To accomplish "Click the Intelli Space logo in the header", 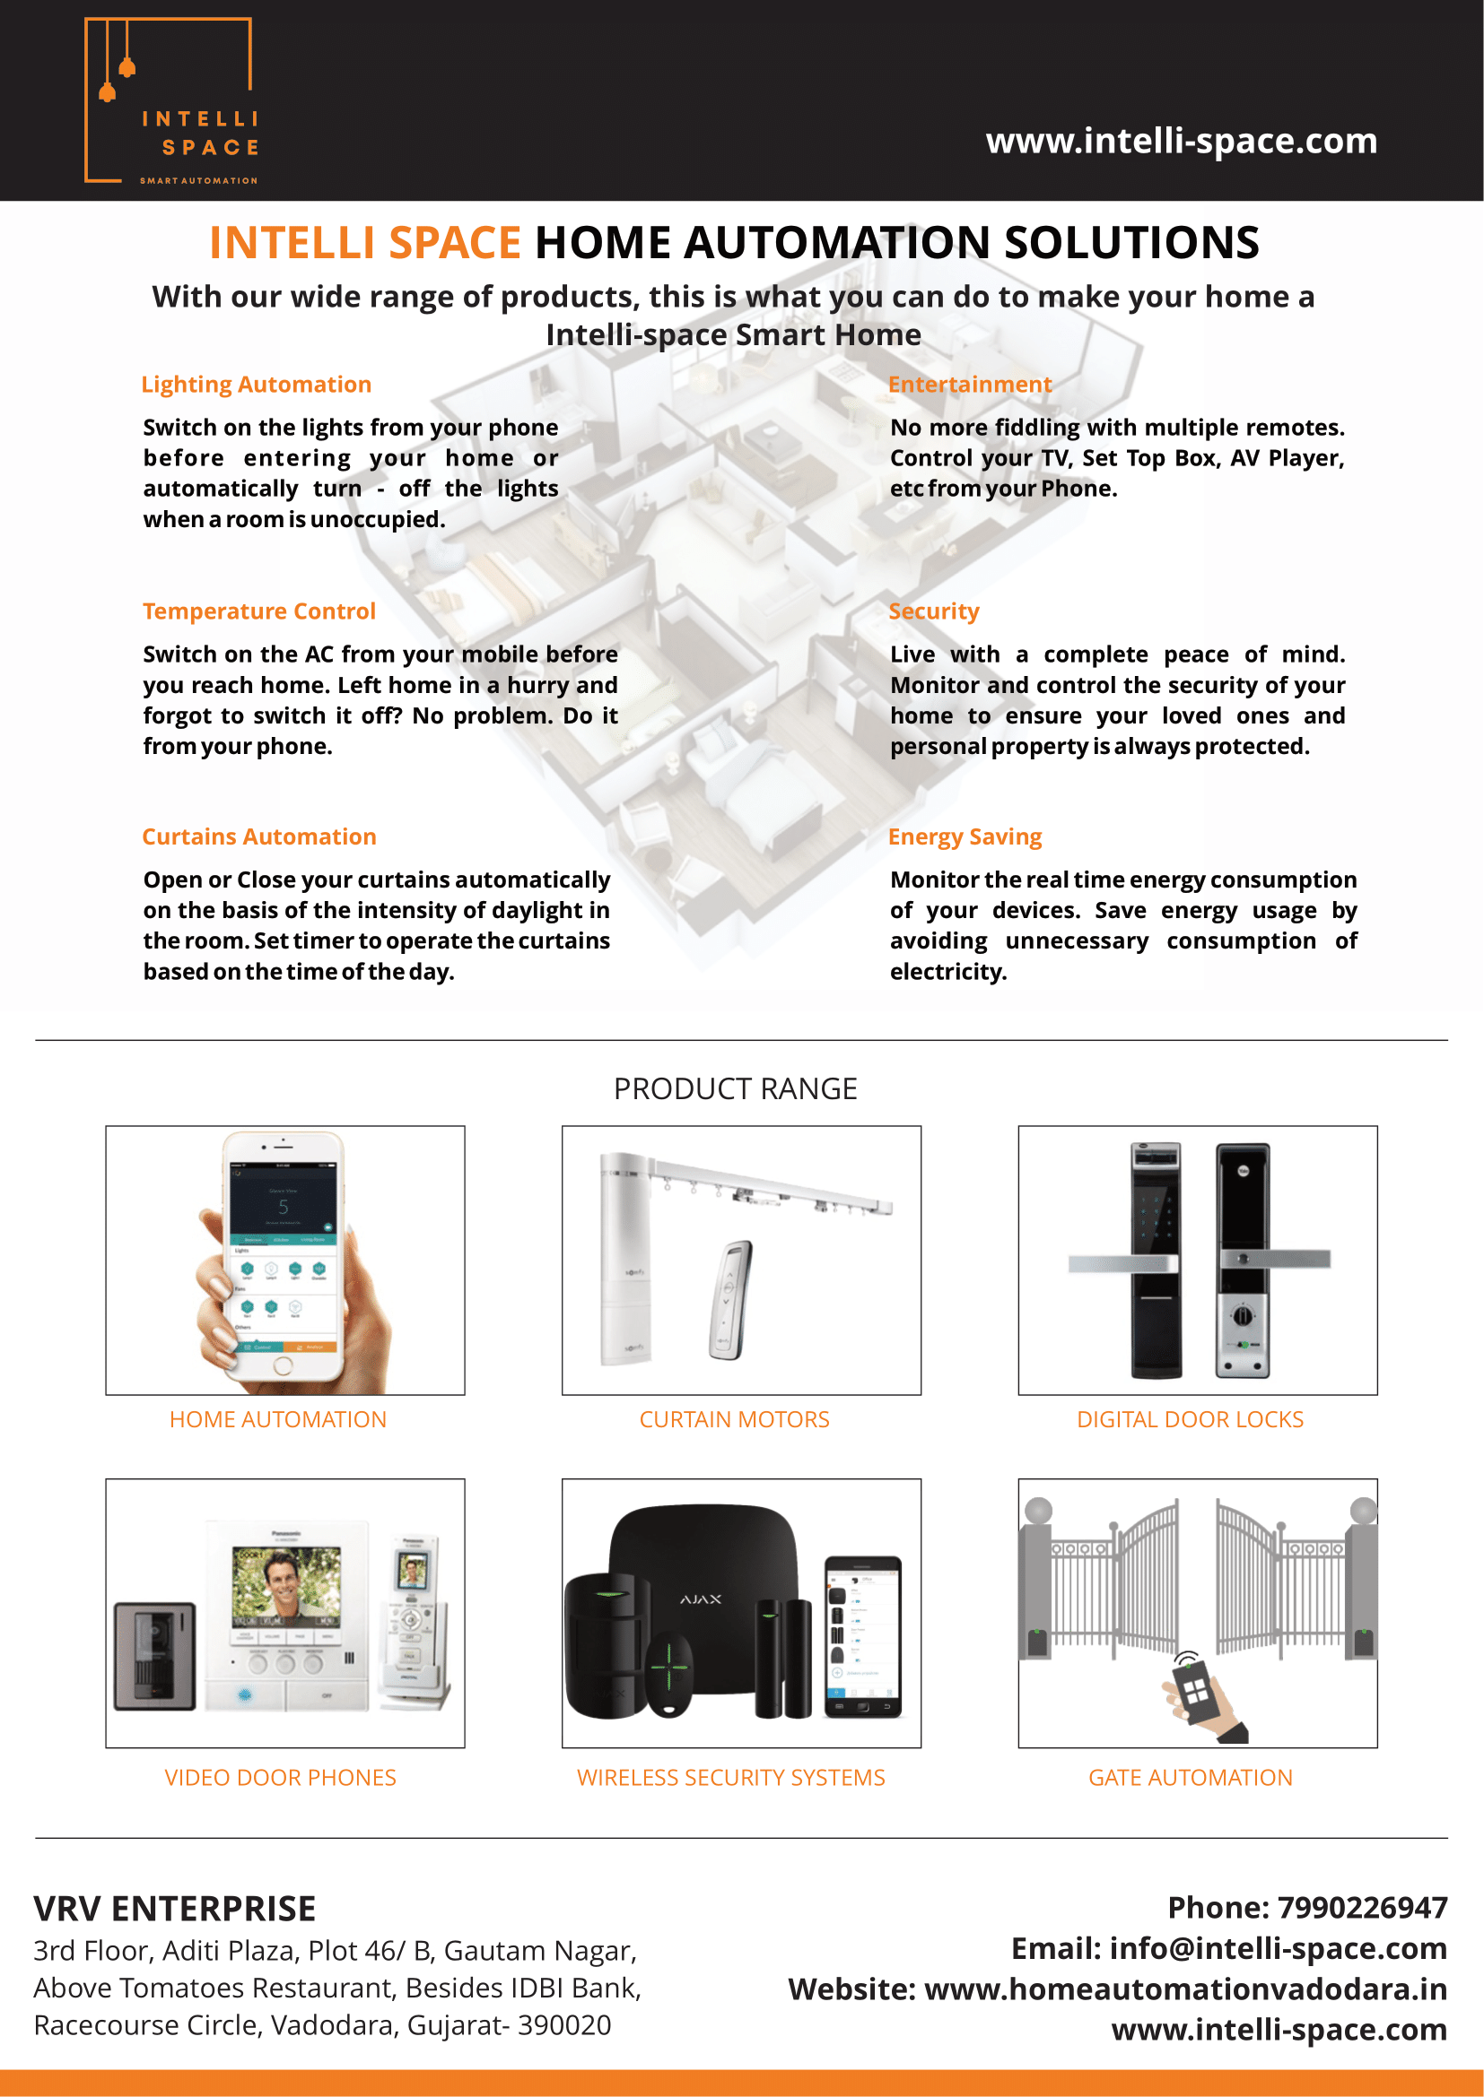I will [170, 100].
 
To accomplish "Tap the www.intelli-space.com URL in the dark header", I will [1181, 141].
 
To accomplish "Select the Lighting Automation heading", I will [256, 385].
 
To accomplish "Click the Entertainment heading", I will [970, 385].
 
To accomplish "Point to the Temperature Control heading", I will [258, 611].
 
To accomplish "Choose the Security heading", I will [933, 611].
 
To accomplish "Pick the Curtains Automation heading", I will [258, 836].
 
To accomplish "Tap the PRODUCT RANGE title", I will [735, 1088].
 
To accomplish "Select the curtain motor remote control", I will [731, 1299].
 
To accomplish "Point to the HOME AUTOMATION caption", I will [278, 1419].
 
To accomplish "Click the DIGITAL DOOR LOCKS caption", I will [1190, 1419].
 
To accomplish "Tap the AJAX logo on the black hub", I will [701, 1599].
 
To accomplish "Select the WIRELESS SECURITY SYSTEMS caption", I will [731, 1777].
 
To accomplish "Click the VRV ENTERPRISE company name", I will [175, 1909].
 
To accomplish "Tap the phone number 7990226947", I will [1362, 1907].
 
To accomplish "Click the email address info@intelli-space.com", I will [1278, 1948].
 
